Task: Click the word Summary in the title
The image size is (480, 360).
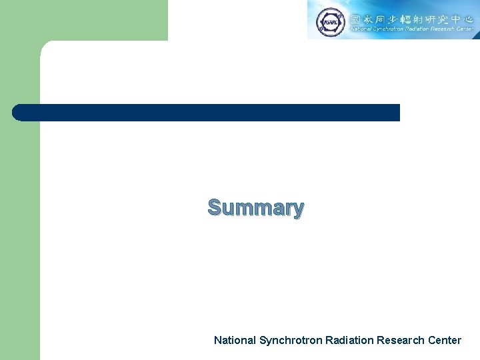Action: click(x=256, y=207)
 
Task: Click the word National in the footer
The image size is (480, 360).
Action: click(x=235, y=340)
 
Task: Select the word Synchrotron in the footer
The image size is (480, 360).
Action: click(x=291, y=340)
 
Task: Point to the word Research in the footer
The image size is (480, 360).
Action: click(x=399, y=340)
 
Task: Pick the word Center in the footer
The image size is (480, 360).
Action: click(x=443, y=340)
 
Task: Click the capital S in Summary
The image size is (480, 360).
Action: click(x=215, y=207)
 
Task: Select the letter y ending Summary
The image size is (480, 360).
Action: click(x=297, y=209)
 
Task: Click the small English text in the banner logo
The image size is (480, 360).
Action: click(x=410, y=29)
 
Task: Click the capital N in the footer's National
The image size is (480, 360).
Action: click(x=217, y=340)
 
